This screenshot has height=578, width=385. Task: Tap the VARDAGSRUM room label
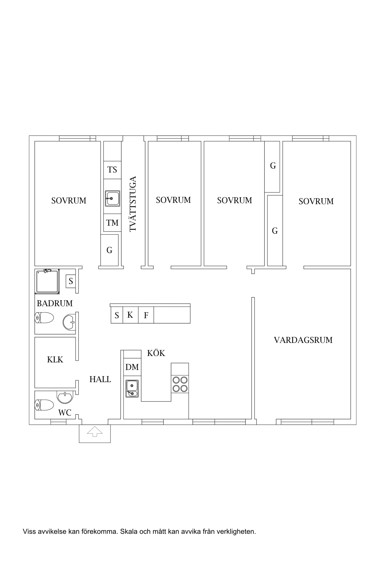point(303,340)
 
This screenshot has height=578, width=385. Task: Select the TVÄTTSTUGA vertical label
point(133,204)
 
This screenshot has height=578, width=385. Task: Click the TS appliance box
point(112,170)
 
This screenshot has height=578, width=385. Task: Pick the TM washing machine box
point(112,222)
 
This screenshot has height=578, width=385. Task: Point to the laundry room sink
point(112,198)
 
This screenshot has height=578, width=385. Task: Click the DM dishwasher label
point(132,367)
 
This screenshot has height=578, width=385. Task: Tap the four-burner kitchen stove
point(180,384)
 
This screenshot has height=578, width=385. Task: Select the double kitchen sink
point(132,389)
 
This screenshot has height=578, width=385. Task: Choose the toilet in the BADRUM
point(44,318)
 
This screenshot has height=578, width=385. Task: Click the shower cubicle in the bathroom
point(47,281)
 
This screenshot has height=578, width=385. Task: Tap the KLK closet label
point(55,359)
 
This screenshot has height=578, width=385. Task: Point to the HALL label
point(100,379)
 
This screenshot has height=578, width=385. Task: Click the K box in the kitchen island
point(130,315)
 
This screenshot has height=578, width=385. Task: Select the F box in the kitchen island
point(146,315)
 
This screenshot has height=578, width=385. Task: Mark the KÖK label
point(156,353)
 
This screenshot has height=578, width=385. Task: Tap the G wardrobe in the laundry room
point(109,250)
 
